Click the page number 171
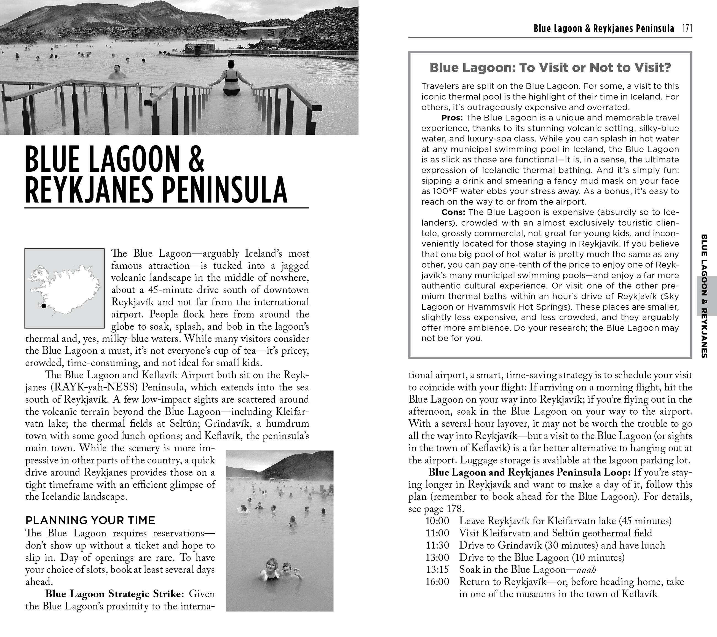[x=687, y=28]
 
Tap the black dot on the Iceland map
[x=44, y=306]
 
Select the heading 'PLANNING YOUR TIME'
[x=90, y=520]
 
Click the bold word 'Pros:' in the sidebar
[x=452, y=118]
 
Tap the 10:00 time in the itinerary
[x=437, y=521]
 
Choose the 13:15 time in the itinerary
[x=437, y=570]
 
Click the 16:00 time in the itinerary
[x=437, y=582]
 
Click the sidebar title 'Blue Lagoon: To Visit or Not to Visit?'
[x=550, y=68]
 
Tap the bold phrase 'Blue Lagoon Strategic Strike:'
[x=114, y=594]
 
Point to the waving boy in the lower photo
[x=288, y=571]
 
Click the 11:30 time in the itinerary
[x=437, y=545]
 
